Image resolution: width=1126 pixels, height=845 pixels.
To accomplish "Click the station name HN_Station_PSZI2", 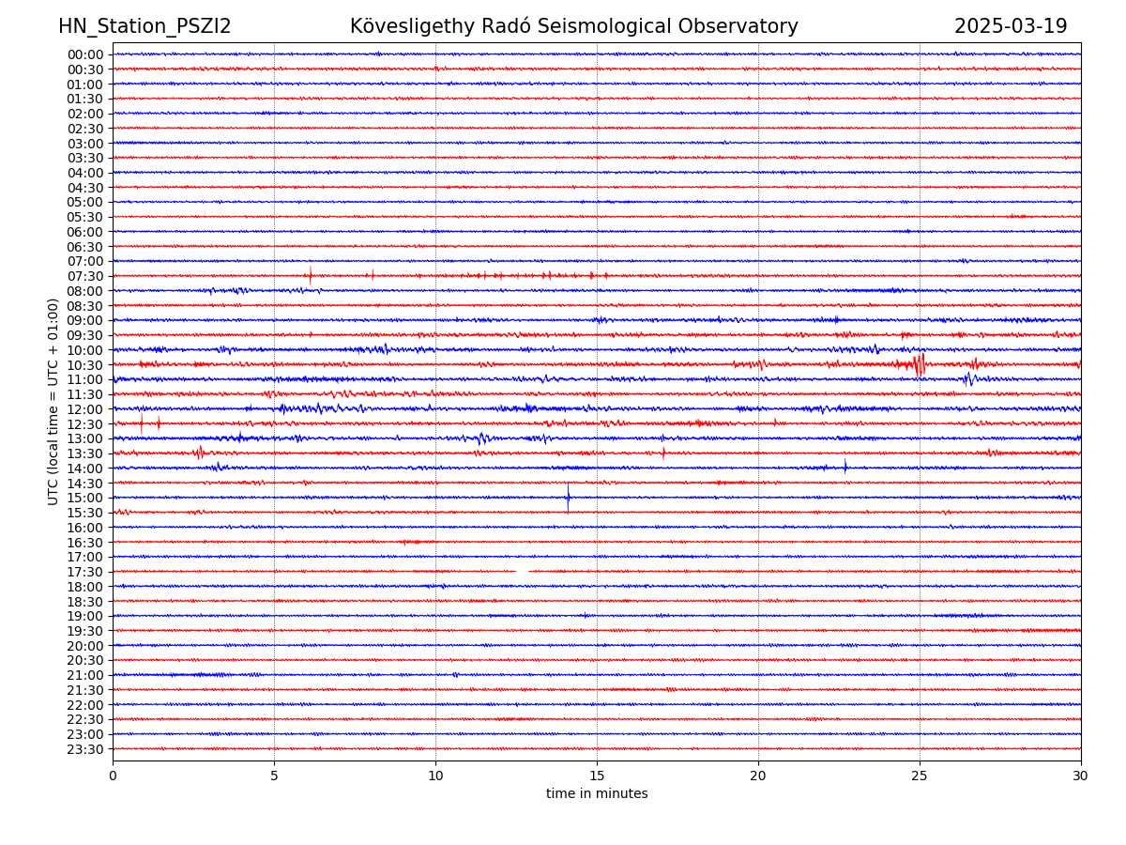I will pyautogui.click(x=145, y=27).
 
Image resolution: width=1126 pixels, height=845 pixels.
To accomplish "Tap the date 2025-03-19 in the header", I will pyautogui.click(x=1011, y=27).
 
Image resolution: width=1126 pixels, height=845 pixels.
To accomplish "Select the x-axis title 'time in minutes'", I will pyautogui.click(x=597, y=794).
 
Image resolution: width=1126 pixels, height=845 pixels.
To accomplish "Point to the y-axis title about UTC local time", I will pyautogui.click(x=53, y=401).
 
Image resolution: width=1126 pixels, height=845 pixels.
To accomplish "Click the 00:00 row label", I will pyautogui.click(x=85, y=54).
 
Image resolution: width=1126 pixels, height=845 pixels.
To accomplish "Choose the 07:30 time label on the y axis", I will pyautogui.click(x=85, y=276).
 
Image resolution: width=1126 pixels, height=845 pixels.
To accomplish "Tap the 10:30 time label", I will pyautogui.click(x=85, y=365).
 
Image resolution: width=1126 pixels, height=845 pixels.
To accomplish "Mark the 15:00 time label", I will pyautogui.click(x=85, y=498).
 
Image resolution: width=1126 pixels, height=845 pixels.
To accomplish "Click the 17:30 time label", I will pyautogui.click(x=85, y=572).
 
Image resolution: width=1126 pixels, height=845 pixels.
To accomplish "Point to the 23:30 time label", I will pyautogui.click(x=85, y=749).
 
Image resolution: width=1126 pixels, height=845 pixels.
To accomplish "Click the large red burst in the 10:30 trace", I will pyautogui.click(x=920, y=364).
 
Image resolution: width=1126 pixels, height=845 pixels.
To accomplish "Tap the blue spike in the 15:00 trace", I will pyautogui.click(x=568, y=498).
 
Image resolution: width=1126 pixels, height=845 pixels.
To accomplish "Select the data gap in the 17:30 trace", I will pyautogui.click(x=522, y=571).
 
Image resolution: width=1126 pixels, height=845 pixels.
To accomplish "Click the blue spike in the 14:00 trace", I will pyautogui.click(x=844, y=467).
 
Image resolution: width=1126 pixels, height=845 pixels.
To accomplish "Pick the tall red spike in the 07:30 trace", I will pyautogui.click(x=311, y=275).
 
